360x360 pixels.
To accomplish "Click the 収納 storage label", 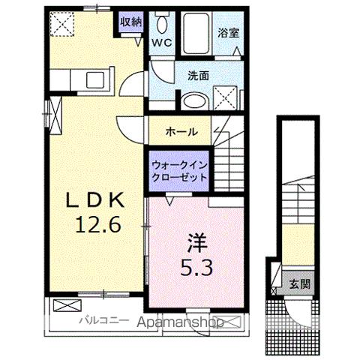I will (130, 22).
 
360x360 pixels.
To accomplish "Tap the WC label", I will (163, 43).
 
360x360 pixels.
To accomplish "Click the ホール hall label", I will (182, 131).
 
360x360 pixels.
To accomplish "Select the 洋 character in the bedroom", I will (196, 244).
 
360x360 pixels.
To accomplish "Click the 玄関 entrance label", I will (299, 284).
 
